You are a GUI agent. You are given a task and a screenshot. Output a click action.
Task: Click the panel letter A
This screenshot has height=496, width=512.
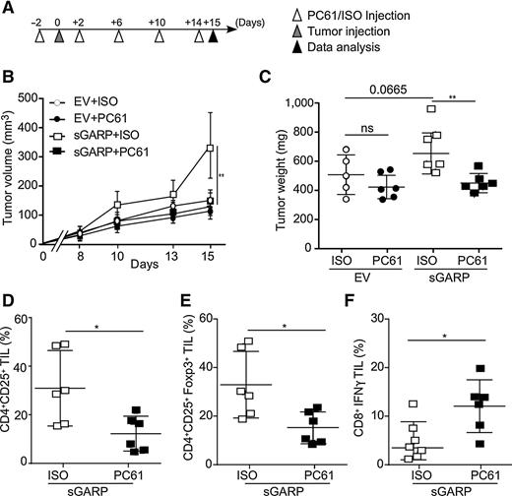9,9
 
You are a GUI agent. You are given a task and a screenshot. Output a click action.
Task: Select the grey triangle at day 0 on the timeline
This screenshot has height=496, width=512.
59,39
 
